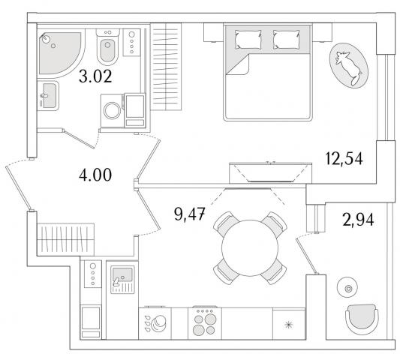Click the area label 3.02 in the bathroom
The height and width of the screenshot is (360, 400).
click(x=95, y=76)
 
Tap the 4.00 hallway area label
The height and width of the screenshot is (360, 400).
click(x=95, y=175)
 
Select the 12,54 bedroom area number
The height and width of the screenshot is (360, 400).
click(x=344, y=158)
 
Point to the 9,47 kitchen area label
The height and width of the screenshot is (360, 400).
click(x=190, y=214)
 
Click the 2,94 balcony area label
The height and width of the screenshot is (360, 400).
click(x=358, y=220)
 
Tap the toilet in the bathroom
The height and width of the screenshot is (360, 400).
click(x=107, y=47)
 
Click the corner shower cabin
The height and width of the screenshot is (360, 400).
click(x=61, y=53)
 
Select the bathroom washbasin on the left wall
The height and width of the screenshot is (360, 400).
click(x=48, y=95)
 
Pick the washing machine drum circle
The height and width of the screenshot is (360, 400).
click(x=112, y=111)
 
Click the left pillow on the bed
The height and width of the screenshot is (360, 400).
click(x=248, y=39)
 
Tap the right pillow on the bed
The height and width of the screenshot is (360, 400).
click(x=287, y=39)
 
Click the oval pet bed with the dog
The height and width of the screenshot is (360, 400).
click(x=349, y=66)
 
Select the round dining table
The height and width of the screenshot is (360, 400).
click(x=250, y=248)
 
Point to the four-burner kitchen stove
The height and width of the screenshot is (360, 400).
click(x=205, y=323)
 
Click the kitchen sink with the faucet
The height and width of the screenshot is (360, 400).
click(x=122, y=280)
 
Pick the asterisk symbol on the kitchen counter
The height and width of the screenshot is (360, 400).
click(x=289, y=325)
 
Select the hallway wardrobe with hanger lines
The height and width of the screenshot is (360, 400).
click(x=65, y=239)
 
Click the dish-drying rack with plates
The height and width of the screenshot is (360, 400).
click(x=155, y=323)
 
